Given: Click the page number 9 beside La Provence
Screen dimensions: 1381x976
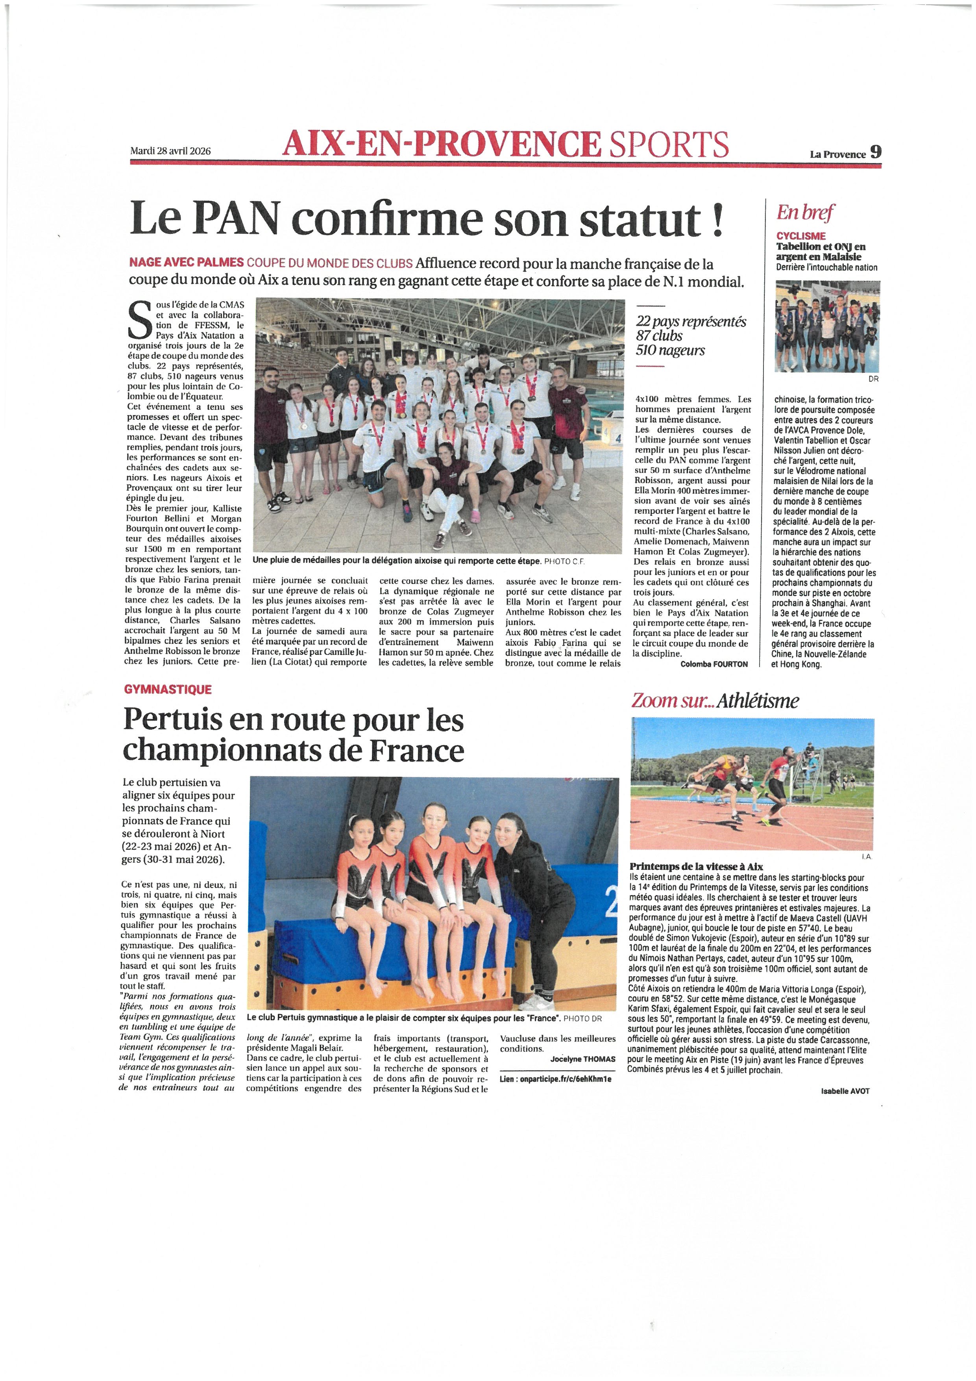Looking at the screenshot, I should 876,152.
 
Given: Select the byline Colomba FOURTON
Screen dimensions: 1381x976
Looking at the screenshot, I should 714,664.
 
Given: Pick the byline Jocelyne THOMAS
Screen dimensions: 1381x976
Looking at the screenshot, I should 582,1058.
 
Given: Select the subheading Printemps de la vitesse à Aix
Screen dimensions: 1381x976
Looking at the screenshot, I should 696,867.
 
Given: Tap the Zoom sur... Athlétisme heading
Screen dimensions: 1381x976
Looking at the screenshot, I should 715,701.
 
